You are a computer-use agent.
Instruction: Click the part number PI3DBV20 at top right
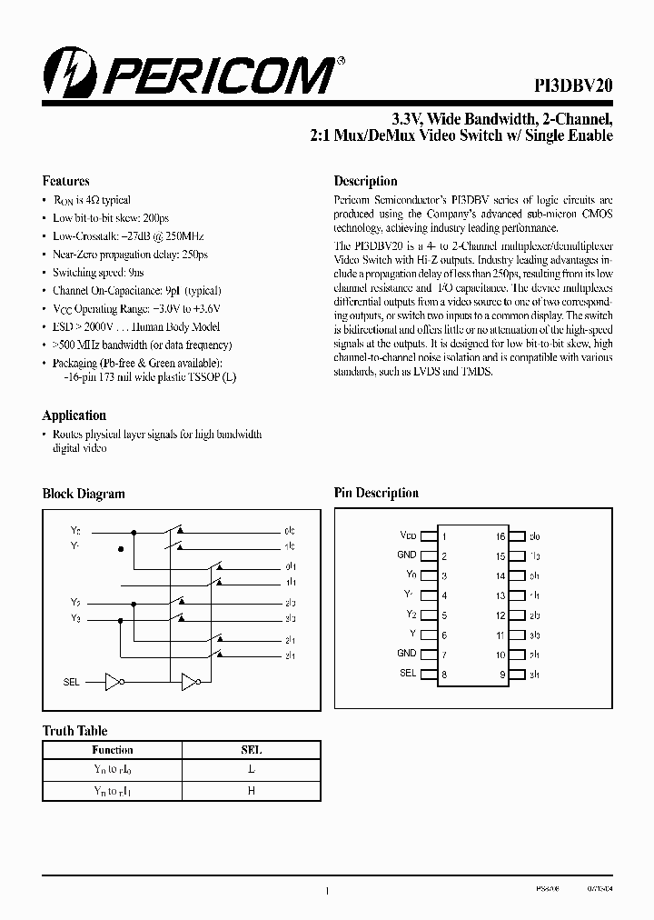click(573, 83)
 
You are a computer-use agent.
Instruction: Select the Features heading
click(65, 181)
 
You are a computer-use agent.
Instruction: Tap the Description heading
click(365, 181)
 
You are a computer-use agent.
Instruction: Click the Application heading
click(74, 415)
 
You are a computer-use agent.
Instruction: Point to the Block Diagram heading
click(84, 494)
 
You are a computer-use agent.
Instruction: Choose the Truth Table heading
click(74, 731)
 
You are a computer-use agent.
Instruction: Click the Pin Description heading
click(376, 494)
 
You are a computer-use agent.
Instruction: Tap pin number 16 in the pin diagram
click(500, 536)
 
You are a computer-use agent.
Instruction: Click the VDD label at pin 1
click(409, 536)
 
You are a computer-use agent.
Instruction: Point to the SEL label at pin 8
click(408, 673)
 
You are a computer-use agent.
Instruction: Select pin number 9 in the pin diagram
click(500, 674)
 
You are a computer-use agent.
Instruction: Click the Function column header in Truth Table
click(113, 750)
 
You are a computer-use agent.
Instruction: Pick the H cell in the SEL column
click(252, 791)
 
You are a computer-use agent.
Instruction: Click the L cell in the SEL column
click(252, 770)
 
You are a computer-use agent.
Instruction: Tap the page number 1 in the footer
click(327, 893)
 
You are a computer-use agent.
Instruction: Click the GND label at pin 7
click(407, 654)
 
